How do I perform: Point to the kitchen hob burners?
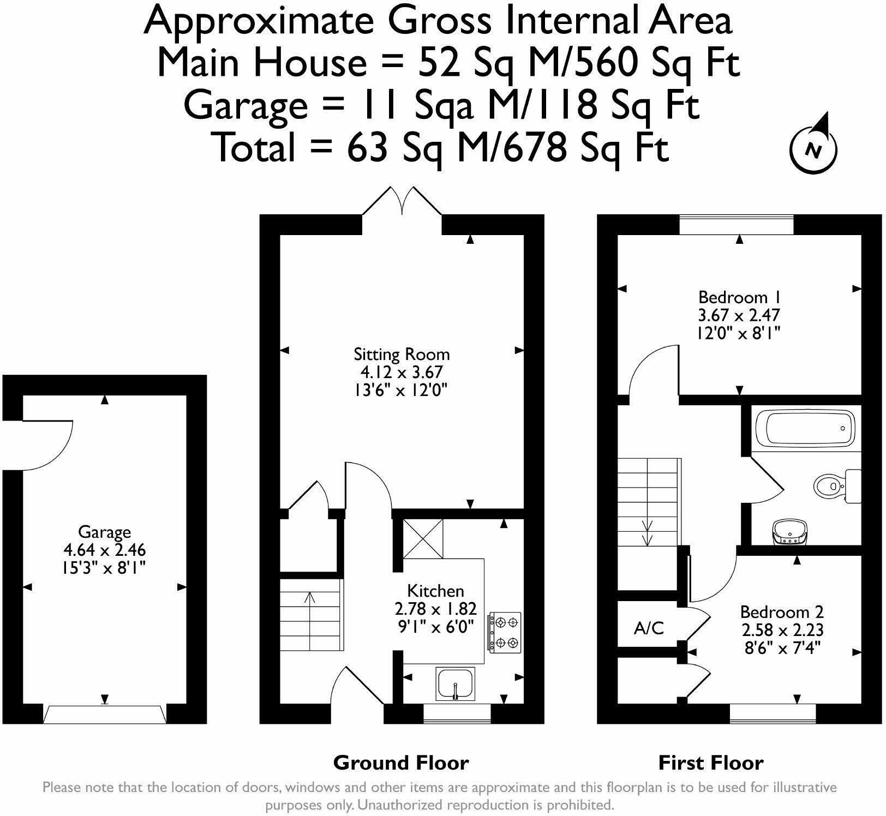coord(504,632)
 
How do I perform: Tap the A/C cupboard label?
coord(649,628)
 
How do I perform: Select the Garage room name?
coord(105,533)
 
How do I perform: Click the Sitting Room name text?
coord(402,355)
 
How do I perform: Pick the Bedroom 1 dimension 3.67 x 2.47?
coord(739,315)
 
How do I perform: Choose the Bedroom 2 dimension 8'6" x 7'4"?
coord(782,647)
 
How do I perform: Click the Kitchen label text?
coord(436,591)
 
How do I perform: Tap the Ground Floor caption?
coord(401,763)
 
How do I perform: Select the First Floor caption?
coord(711,763)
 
